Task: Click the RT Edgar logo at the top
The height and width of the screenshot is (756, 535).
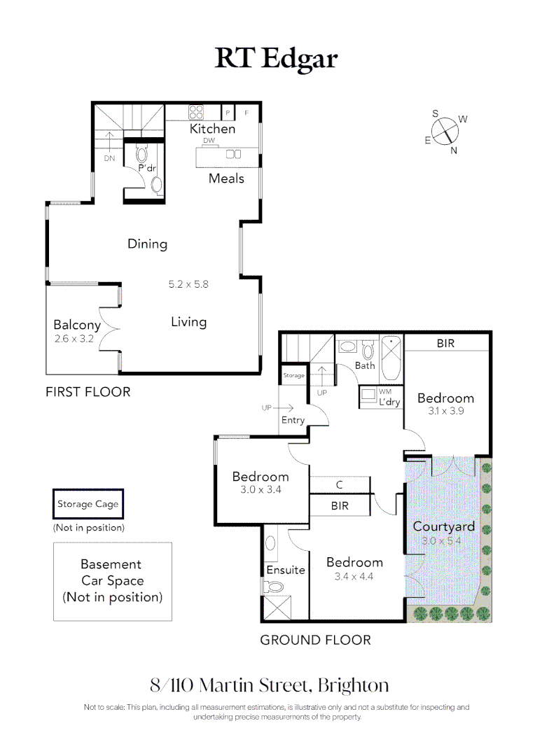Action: [276, 59]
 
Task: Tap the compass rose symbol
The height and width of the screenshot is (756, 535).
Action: [445, 131]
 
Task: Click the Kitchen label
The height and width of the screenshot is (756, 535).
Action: [213, 129]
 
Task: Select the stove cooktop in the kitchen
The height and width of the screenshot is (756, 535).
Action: [195, 112]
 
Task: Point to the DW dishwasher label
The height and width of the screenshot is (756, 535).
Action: [208, 141]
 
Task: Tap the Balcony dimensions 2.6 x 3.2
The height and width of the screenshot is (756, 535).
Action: [77, 339]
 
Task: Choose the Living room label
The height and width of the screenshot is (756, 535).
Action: [188, 322]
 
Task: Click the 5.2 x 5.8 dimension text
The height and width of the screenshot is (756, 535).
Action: [188, 284]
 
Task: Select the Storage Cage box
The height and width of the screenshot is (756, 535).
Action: [88, 504]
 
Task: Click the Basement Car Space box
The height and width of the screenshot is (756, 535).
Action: [112, 581]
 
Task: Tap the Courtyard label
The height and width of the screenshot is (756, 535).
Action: [443, 526]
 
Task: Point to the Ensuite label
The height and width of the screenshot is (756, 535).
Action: [286, 570]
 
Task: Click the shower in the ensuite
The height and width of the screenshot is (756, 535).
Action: [277, 606]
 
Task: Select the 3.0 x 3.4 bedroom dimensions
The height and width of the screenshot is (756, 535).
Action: [260, 490]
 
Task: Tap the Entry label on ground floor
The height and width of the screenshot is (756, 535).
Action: [293, 420]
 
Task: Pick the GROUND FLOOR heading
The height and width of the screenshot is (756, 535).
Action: [315, 640]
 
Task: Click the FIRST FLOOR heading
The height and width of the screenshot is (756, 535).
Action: [88, 392]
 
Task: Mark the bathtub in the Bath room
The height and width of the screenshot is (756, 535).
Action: [391, 351]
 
